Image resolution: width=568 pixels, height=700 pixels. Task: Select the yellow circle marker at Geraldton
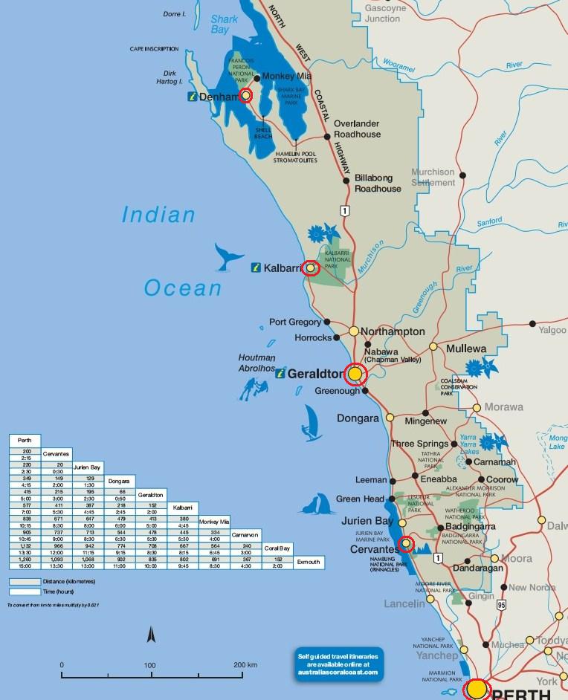pyautogui.click(x=356, y=373)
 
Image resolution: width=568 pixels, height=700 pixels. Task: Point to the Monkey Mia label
pyautogui.click(x=287, y=77)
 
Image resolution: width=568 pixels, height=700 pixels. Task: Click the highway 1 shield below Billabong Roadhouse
pyautogui.click(x=343, y=211)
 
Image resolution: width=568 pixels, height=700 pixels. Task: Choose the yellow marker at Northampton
pyautogui.click(x=354, y=331)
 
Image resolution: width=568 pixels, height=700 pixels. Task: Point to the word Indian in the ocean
pyautogui.click(x=158, y=215)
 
